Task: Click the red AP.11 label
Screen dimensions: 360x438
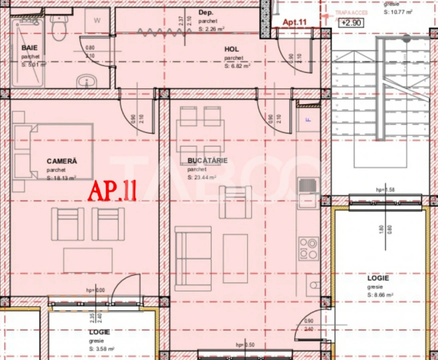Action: click(x=112, y=191)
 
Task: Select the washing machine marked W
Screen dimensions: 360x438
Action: click(x=97, y=21)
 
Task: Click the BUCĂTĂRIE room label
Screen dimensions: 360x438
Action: click(x=208, y=161)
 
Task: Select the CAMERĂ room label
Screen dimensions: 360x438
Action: click(x=62, y=161)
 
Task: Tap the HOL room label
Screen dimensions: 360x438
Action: click(x=232, y=49)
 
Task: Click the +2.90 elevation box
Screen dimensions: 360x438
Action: click(x=352, y=23)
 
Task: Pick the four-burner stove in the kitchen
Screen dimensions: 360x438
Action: click(x=308, y=248)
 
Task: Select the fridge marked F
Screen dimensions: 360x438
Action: click(x=308, y=119)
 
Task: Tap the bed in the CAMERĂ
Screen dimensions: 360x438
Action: click(x=53, y=152)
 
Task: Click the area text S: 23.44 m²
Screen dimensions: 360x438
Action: click(x=202, y=178)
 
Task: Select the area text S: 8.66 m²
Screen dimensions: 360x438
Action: click(x=380, y=295)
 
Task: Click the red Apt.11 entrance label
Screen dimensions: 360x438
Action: click(x=294, y=22)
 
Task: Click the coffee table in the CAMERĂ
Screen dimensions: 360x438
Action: click(x=88, y=260)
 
